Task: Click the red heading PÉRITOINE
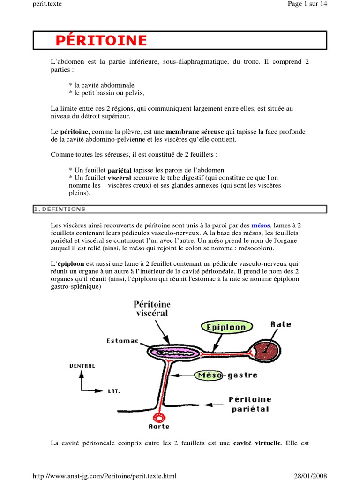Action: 101,41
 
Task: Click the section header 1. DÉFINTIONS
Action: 59,209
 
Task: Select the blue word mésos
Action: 261,225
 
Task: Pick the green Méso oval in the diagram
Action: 209,375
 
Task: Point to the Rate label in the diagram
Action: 281,324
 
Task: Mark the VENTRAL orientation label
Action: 82,366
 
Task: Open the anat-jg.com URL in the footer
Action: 104,476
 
